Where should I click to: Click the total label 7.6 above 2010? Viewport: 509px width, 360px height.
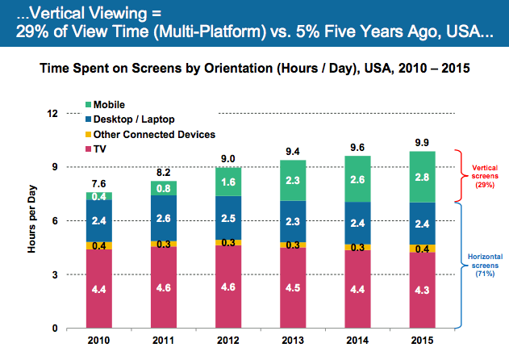pos(99,183)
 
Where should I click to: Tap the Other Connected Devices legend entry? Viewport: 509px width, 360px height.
pos(153,134)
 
